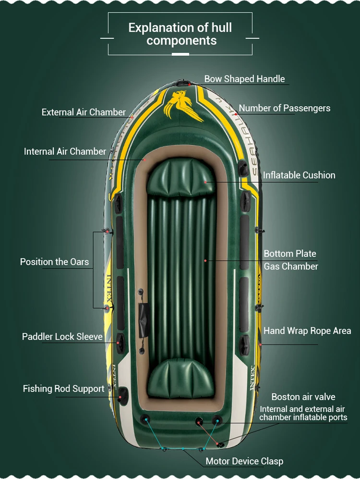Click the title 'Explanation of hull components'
pos(180,34)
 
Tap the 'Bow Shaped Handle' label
pos(244,79)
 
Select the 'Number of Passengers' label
pos(285,108)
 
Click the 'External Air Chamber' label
pos(84,112)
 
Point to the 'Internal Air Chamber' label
pos(65,151)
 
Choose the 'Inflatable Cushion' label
pos(299,175)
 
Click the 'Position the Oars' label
pos(54,262)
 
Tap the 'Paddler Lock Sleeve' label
pos(62,336)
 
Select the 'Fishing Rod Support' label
pos(63,389)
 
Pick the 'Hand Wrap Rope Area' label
pos(307,331)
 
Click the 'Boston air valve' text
pos(303,397)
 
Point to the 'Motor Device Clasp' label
pos(244,461)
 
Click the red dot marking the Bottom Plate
pos(205,260)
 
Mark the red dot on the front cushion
pos(205,182)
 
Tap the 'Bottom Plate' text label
pos(290,254)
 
